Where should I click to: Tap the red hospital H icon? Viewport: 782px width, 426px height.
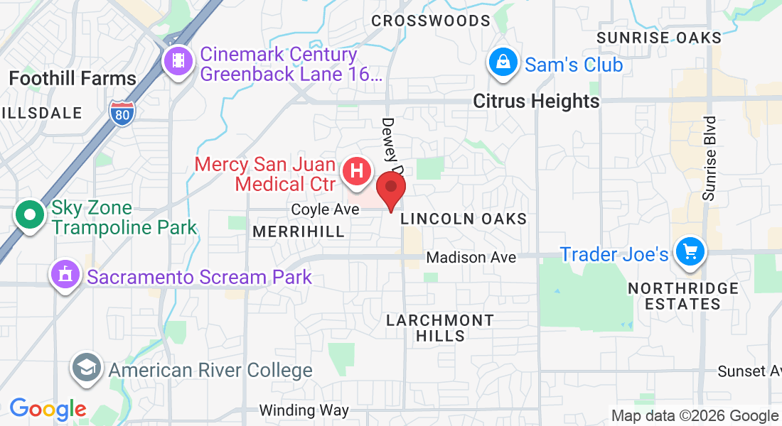point(357,172)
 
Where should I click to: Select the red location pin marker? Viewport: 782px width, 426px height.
point(390,190)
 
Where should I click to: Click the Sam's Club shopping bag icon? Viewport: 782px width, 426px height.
point(503,63)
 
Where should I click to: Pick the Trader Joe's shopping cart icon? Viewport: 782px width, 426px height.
point(690,251)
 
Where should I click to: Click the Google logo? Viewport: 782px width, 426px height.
point(48,409)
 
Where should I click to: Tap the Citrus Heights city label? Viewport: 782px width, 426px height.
point(537,102)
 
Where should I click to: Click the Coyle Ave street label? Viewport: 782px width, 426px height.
point(320,209)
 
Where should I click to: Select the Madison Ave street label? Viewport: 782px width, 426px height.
point(471,258)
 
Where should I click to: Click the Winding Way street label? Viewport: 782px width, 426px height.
point(304,410)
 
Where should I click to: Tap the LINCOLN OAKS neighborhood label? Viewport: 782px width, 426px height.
point(464,219)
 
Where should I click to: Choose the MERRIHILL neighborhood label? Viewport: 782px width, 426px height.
point(299,231)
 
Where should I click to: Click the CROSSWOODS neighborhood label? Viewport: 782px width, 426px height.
point(431,21)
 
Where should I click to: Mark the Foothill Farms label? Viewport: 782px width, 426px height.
point(73,78)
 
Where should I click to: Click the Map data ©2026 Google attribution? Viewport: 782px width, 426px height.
point(695,416)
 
